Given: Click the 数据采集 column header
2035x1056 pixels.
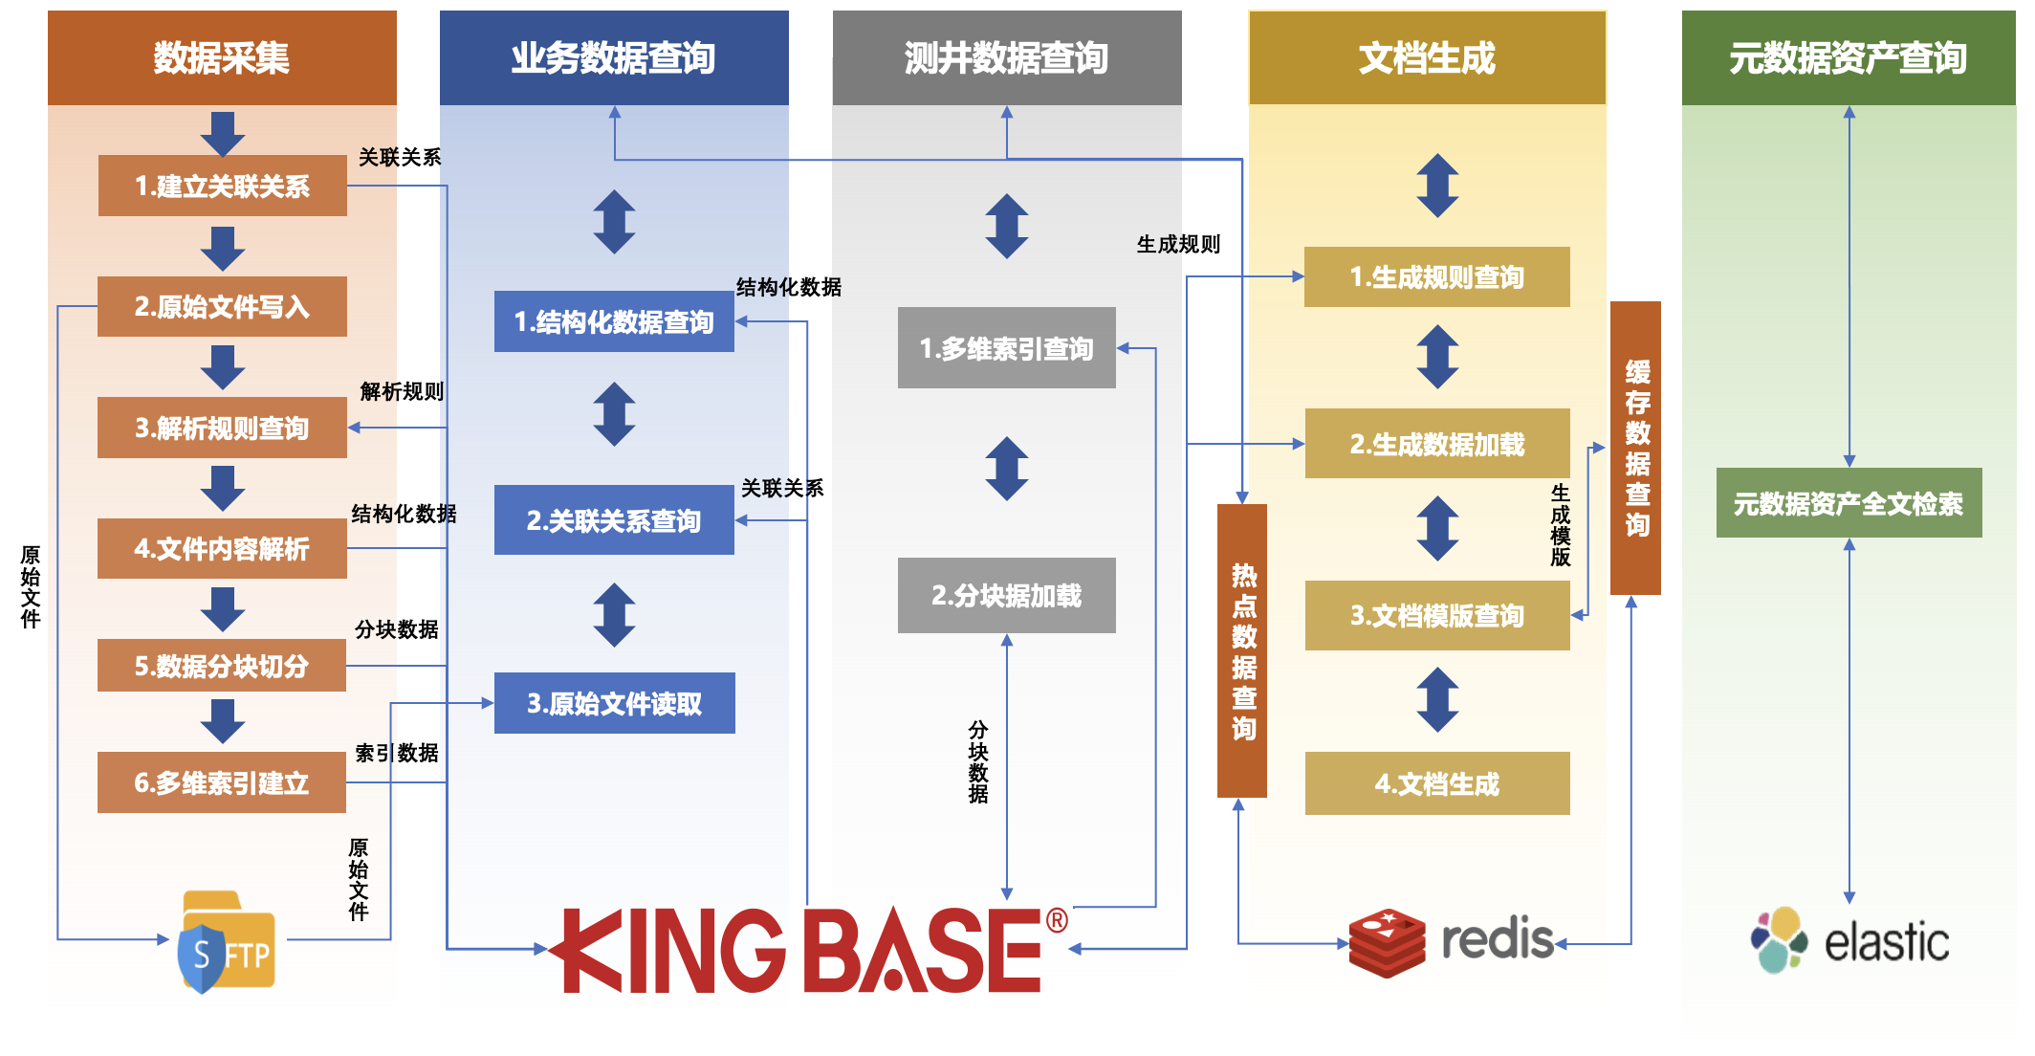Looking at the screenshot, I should [x=222, y=57].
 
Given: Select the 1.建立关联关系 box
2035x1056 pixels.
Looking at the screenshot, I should [x=222, y=186].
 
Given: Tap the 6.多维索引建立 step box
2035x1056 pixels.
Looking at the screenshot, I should [x=222, y=782].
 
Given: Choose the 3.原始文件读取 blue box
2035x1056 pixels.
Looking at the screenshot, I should [x=614, y=703].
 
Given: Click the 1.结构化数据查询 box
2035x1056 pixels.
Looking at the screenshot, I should [x=614, y=321].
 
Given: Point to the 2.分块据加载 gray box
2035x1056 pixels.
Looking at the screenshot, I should [x=1006, y=595].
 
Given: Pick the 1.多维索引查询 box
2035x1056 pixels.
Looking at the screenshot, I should [x=1006, y=348].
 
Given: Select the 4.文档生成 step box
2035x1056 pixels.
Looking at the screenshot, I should [x=1436, y=783].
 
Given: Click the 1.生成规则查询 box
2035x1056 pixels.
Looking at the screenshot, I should [x=1436, y=277].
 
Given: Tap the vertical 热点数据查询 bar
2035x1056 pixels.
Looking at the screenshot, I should [x=1242, y=650].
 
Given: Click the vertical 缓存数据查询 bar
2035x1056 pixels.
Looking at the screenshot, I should [x=1635, y=448].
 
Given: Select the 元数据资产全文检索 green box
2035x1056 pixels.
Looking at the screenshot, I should [x=1849, y=503].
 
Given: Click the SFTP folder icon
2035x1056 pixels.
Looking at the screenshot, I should [x=228, y=942].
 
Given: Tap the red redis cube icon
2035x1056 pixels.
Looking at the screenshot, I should [x=1388, y=942].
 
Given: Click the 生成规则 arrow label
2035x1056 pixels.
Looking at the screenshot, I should [x=1178, y=245].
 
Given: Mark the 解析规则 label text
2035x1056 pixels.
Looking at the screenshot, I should [x=402, y=391].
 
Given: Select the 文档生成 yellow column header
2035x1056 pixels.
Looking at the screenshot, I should [x=1427, y=57].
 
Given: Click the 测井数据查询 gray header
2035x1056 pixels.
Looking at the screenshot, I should [x=1006, y=57].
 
